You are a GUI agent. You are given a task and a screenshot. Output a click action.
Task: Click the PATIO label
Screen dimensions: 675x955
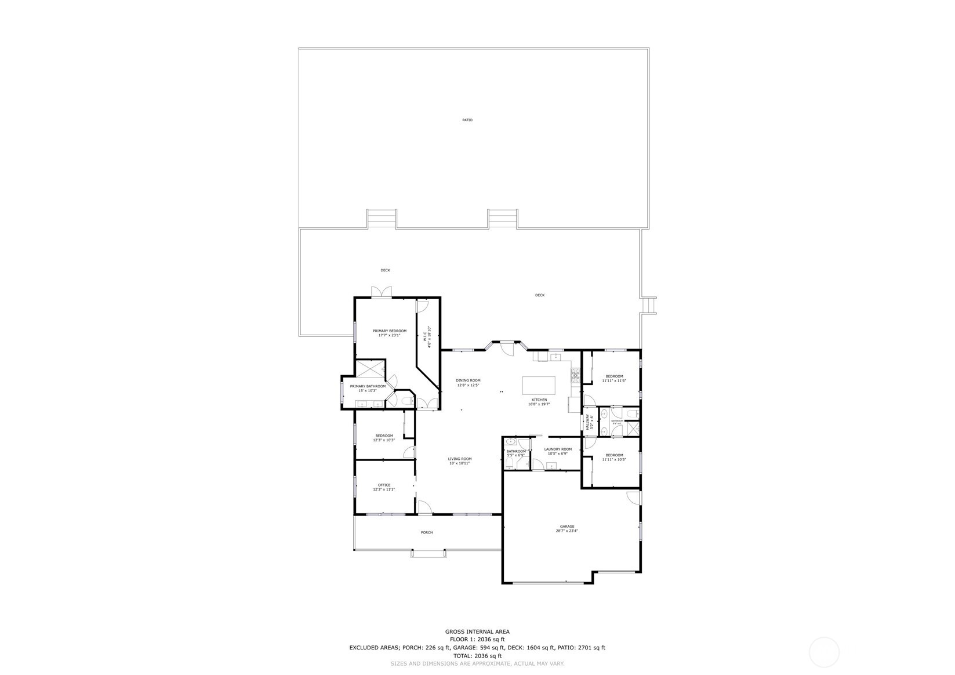point(467,120)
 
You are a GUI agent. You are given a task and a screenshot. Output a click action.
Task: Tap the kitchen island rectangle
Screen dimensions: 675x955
point(539,386)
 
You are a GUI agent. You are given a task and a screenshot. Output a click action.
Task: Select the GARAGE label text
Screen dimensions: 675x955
point(567,527)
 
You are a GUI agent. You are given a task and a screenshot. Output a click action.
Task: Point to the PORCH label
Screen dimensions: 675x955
point(427,532)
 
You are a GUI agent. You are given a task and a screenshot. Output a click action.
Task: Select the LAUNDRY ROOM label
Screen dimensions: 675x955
point(558,449)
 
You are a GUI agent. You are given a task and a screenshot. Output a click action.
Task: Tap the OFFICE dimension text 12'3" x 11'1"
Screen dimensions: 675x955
point(384,489)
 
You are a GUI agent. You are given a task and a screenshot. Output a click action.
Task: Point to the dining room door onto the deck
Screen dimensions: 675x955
point(507,350)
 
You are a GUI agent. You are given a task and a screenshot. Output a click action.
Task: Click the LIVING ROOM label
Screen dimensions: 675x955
point(459,459)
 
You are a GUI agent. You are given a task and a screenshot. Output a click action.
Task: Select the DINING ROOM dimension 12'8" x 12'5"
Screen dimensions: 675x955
point(469,385)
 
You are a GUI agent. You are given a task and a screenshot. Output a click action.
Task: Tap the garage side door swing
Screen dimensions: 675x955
point(633,497)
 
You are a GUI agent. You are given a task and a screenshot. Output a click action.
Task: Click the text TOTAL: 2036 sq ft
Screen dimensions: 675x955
point(477,656)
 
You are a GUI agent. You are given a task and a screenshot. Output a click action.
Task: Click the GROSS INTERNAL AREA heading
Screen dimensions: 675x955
point(477,632)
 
